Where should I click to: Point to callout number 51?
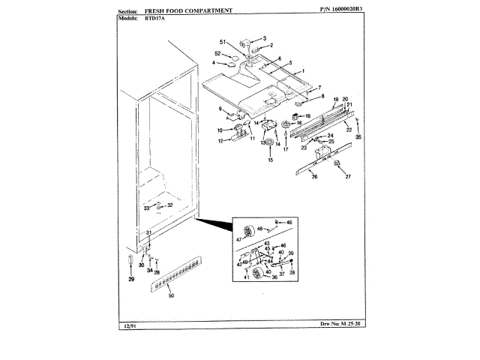222,41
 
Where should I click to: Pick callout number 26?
314,178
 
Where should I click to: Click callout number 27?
347,178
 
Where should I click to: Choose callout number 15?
270,161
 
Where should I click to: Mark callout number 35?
358,137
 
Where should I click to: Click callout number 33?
147,207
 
